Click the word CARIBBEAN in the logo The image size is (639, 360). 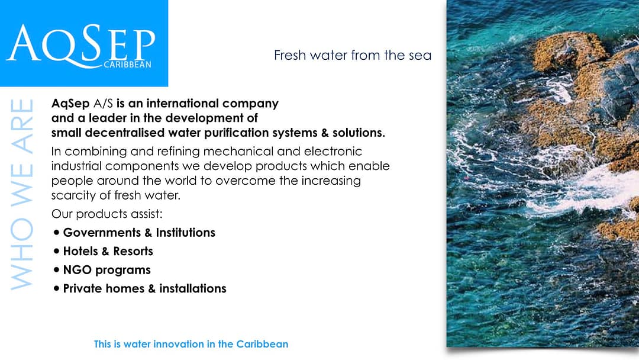coord(128,65)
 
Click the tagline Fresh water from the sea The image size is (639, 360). coord(353,55)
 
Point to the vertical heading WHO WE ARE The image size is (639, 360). coord(22,194)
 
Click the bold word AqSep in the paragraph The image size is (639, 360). coord(70,104)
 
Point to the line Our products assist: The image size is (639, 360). coord(106,214)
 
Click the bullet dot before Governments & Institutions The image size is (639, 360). coord(56,232)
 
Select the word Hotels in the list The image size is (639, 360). coord(80,251)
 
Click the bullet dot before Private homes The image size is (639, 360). coord(56,289)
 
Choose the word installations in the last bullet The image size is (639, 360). coord(193,289)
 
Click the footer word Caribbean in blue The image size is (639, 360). coord(262,344)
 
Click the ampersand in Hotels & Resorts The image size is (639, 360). coord(105,252)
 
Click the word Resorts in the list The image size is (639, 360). coord(133,251)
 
